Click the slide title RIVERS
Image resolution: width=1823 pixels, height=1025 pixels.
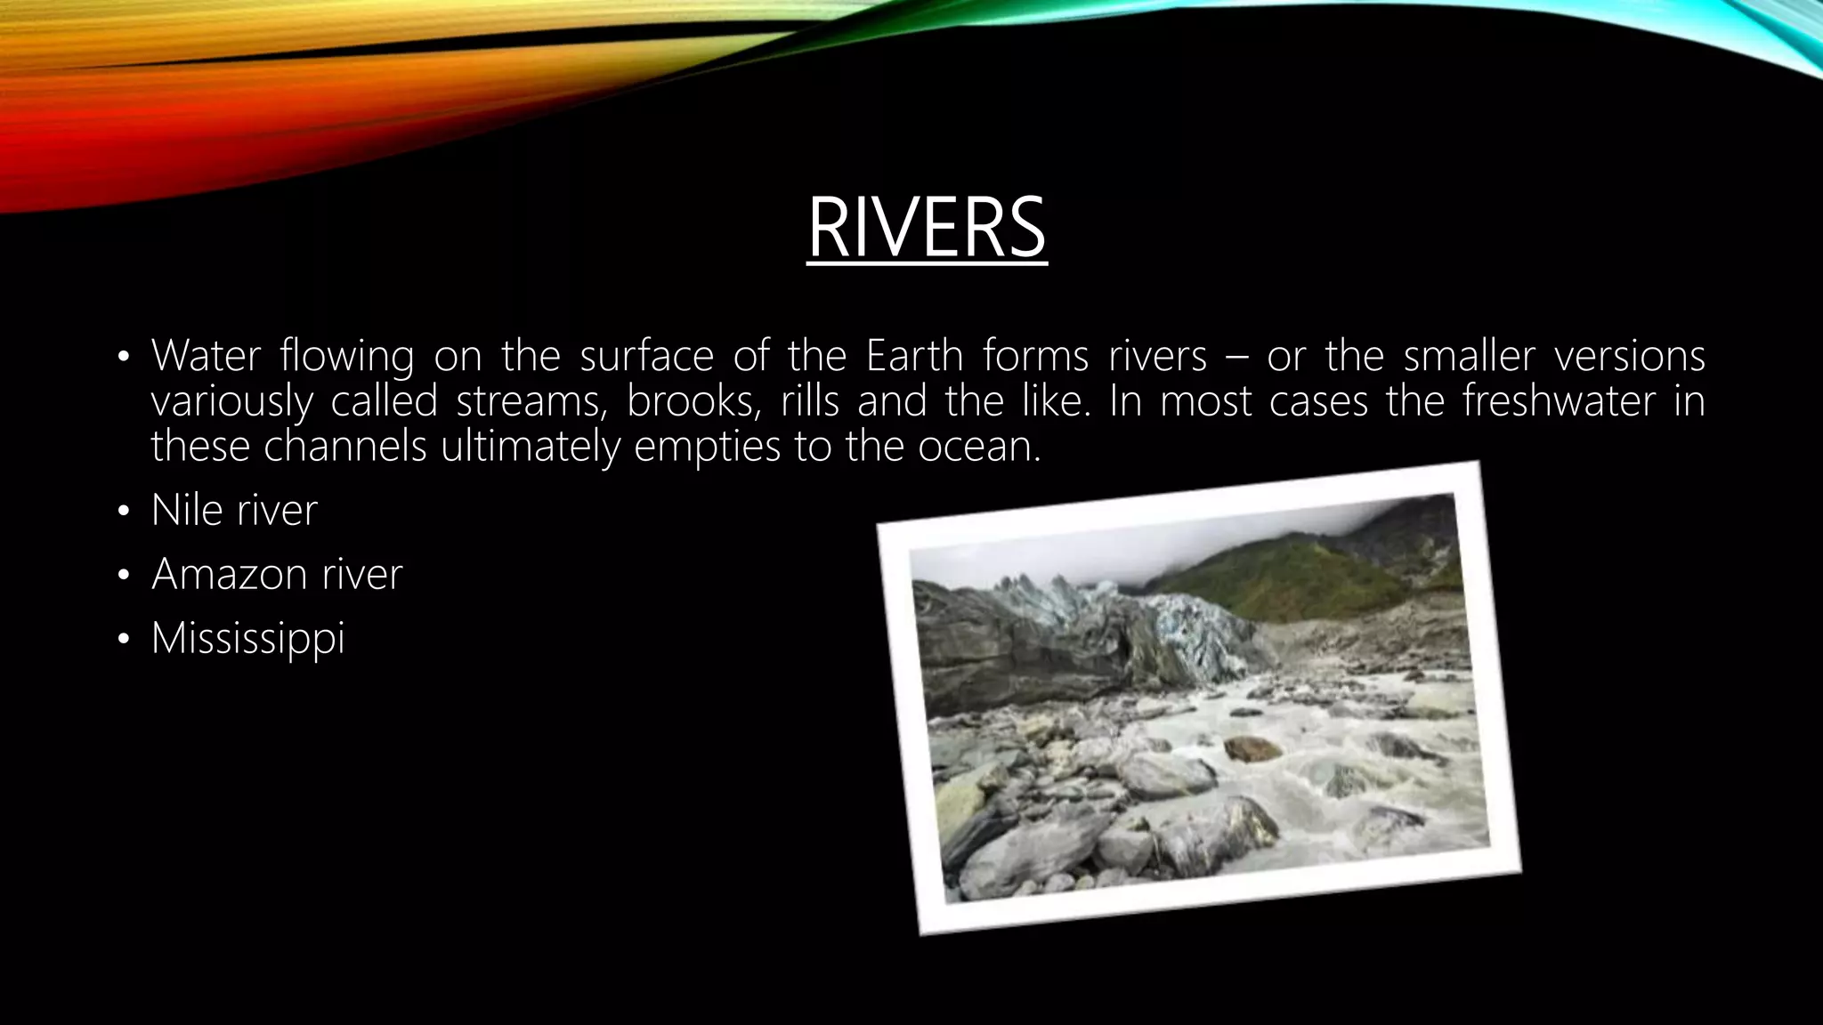coord(927,229)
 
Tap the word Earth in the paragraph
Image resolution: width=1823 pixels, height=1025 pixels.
coord(914,356)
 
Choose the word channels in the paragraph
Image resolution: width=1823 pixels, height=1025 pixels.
coord(345,446)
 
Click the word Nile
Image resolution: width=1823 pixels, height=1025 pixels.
coord(186,511)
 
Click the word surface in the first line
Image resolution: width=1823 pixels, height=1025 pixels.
coord(646,356)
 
